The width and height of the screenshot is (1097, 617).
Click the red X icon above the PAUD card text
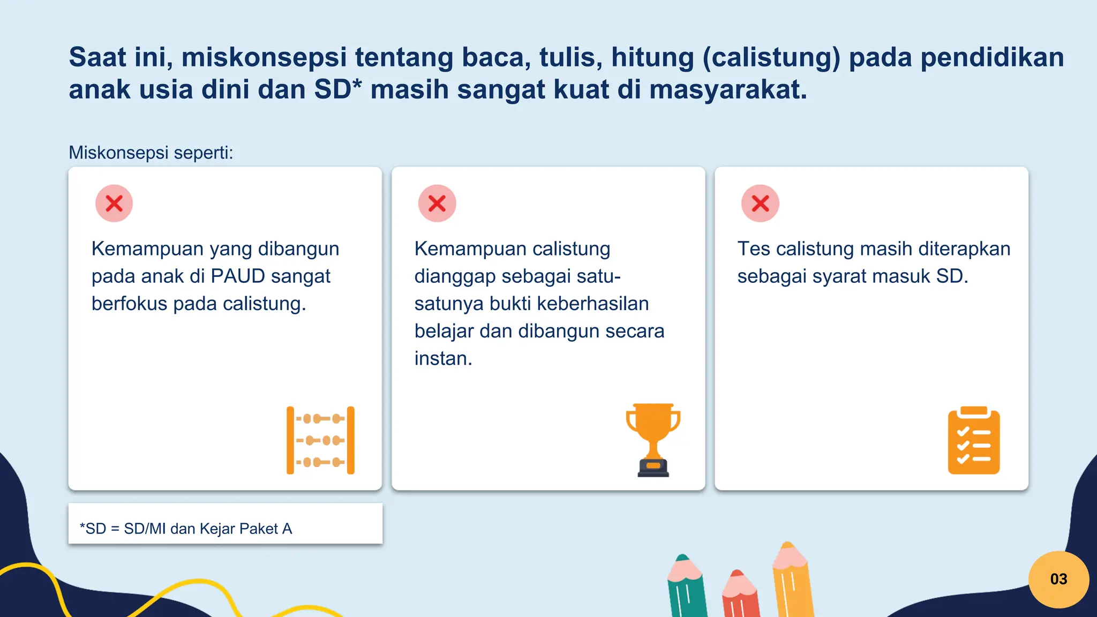coord(114,204)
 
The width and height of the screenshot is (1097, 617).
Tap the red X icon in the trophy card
coord(437,204)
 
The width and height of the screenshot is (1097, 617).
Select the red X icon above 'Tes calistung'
coord(760,204)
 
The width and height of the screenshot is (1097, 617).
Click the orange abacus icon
coord(320,440)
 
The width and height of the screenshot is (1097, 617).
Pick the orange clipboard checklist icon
coord(974,440)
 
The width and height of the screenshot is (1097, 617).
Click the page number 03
coord(1058,579)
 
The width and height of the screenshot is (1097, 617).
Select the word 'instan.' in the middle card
coord(443,358)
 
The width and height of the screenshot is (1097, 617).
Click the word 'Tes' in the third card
coord(754,249)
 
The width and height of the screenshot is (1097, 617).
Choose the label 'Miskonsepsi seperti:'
coord(151,153)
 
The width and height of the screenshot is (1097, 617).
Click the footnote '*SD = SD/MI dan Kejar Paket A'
coord(186,529)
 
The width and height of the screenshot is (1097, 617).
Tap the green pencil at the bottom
coord(687,589)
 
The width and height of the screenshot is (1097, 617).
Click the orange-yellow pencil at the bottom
coord(792,581)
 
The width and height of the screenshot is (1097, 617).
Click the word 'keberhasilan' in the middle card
coord(592,304)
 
